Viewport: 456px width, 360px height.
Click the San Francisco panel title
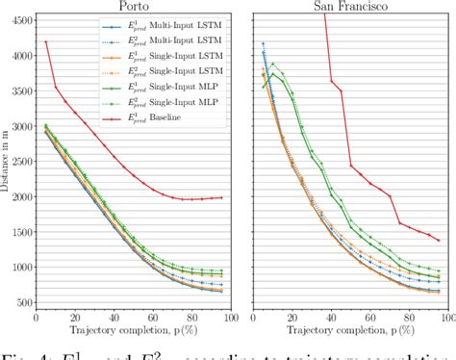(x=342, y=7)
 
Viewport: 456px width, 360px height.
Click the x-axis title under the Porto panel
(x=130, y=333)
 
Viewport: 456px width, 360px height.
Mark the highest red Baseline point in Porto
(x=46, y=41)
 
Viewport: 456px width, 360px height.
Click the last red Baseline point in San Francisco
(x=438, y=241)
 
